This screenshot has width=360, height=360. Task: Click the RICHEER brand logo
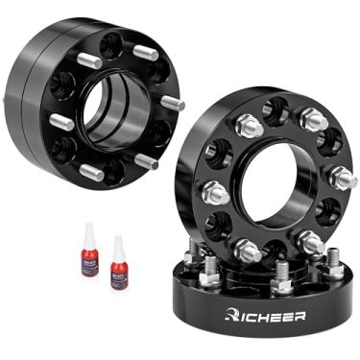pos(265,314)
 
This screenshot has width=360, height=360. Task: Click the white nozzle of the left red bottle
pos(89,230)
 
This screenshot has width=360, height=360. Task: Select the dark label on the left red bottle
pos(89,260)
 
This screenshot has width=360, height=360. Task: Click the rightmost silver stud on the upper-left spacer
pos(172,101)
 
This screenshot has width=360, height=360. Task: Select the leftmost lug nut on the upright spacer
pos(213,192)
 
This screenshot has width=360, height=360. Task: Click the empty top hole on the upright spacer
pos(277,108)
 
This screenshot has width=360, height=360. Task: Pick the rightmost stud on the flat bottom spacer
pos(335,255)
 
